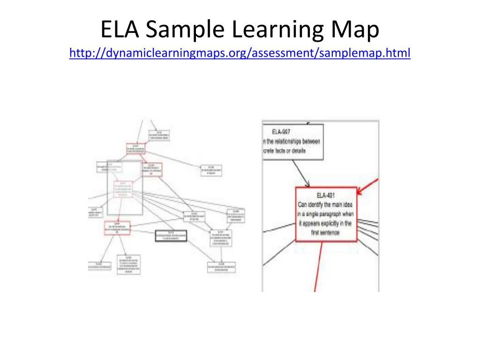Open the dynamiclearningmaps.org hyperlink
click(x=240, y=53)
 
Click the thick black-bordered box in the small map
click(x=171, y=236)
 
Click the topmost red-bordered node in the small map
click(x=135, y=149)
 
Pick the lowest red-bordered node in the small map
click(x=117, y=228)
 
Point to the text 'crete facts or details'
click(x=286, y=150)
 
